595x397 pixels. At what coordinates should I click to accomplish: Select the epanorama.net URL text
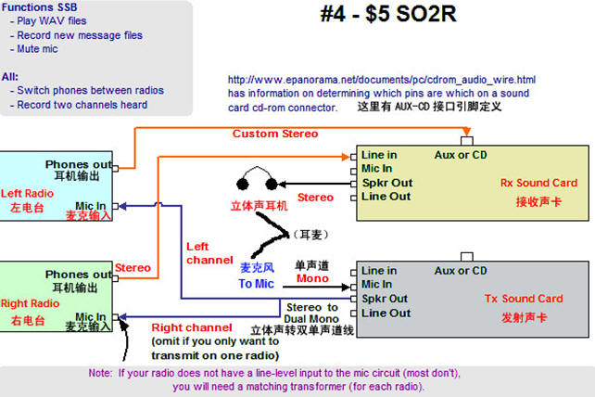[x=381, y=80]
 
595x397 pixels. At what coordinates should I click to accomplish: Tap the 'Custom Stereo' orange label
[x=275, y=134]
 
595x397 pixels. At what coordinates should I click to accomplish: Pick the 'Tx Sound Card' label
[x=524, y=299]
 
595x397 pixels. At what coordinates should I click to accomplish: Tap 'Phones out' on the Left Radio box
[x=78, y=165]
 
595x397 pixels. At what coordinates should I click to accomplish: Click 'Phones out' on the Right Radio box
[x=78, y=275]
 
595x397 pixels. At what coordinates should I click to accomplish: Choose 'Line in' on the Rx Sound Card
[x=379, y=154]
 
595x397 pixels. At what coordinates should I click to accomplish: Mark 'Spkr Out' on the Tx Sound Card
[x=386, y=299]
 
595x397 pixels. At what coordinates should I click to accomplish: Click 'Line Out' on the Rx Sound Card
[x=386, y=197]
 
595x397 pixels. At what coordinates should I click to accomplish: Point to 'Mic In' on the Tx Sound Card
[x=376, y=285]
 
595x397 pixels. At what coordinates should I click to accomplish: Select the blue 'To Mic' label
[x=256, y=284]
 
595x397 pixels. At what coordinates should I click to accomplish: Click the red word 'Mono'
[x=312, y=277]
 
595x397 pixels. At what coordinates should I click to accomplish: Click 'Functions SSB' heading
[x=39, y=7]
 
